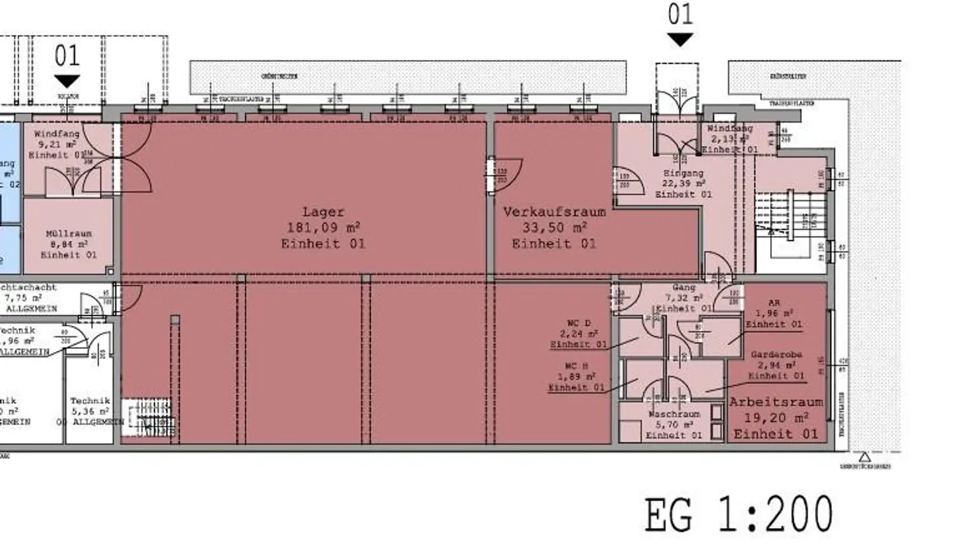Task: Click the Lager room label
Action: pyautogui.click(x=323, y=212)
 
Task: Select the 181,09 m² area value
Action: pyautogui.click(x=323, y=228)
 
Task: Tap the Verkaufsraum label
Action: pyautogui.click(x=554, y=212)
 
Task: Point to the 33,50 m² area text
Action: pyautogui.click(x=554, y=228)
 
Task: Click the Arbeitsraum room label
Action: pyautogui.click(x=776, y=402)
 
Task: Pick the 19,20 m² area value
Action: pyautogui.click(x=776, y=418)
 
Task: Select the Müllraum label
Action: pyautogui.click(x=69, y=234)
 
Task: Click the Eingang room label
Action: pyautogui.click(x=683, y=173)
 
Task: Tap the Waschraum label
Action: pyautogui.click(x=674, y=414)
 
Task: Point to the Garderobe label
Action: pyautogui.click(x=776, y=355)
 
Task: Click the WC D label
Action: pyautogui.click(x=578, y=324)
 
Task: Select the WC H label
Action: pyautogui.click(x=576, y=366)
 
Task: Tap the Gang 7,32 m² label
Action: pyautogui.click(x=684, y=297)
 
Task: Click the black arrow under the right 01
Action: pyautogui.click(x=681, y=40)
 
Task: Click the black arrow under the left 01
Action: pyautogui.click(x=67, y=81)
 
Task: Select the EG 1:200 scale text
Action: pyautogui.click(x=738, y=515)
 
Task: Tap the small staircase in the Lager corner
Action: pyautogui.click(x=149, y=418)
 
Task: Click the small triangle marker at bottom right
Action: pyautogui.click(x=864, y=456)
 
